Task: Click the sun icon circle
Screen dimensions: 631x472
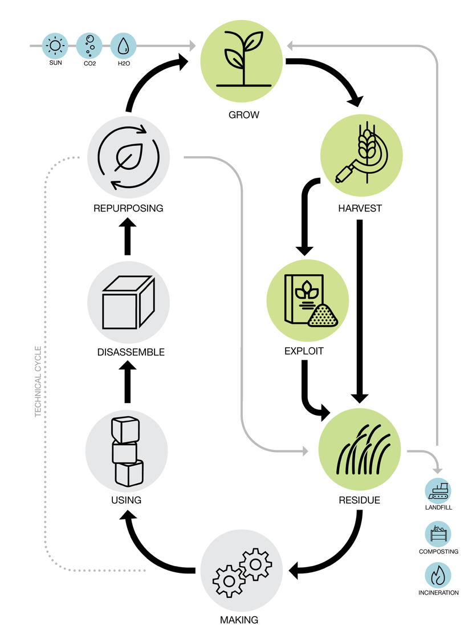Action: pyautogui.click(x=55, y=46)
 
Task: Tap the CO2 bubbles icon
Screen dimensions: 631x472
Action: pyautogui.click(x=89, y=46)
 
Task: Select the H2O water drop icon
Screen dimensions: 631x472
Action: pyautogui.click(x=123, y=46)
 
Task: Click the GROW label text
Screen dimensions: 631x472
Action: pyautogui.click(x=243, y=115)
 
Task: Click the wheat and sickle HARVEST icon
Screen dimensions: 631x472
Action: pyautogui.click(x=361, y=156)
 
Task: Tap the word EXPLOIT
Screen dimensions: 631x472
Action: pyautogui.click(x=304, y=351)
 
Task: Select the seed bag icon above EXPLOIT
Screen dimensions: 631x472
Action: pyautogui.click(x=308, y=300)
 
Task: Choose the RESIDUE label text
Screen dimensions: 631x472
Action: pyautogui.click(x=359, y=500)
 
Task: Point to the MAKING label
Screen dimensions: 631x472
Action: pyautogui.click(x=239, y=620)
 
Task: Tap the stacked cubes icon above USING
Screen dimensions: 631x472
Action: pyautogui.click(x=127, y=451)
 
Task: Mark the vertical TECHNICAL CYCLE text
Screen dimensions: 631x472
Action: pyautogui.click(x=38, y=381)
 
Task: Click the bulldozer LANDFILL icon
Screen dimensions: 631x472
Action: pyautogui.click(x=438, y=490)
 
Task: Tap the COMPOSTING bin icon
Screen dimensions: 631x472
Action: pyautogui.click(x=438, y=534)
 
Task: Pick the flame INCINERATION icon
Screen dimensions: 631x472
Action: pyautogui.click(x=438, y=575)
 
